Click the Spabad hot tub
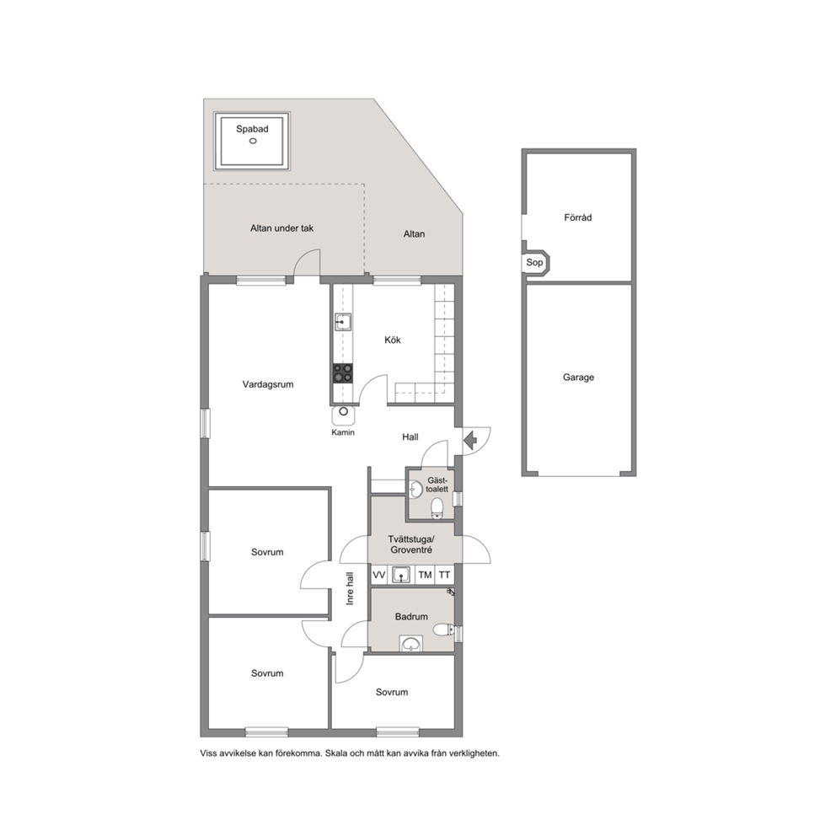pos(252,141)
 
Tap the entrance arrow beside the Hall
pos(470,441)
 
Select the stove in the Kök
pos(343,373)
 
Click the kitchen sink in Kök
pos(343,322)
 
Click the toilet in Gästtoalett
pos(437,507)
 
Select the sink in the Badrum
pos(411,644)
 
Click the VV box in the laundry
pos(378,575)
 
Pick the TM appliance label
pos(425,575)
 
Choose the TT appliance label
pos(444,575)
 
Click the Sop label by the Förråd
pos(534,262)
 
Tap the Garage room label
pos(578,378)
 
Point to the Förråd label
pos(578,217)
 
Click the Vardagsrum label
pos(268,384)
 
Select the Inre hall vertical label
pos(351,588)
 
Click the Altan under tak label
pos(282,228)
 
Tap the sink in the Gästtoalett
pos(415,489)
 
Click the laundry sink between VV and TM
pos(401,575)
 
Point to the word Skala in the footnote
pos(335,753)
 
